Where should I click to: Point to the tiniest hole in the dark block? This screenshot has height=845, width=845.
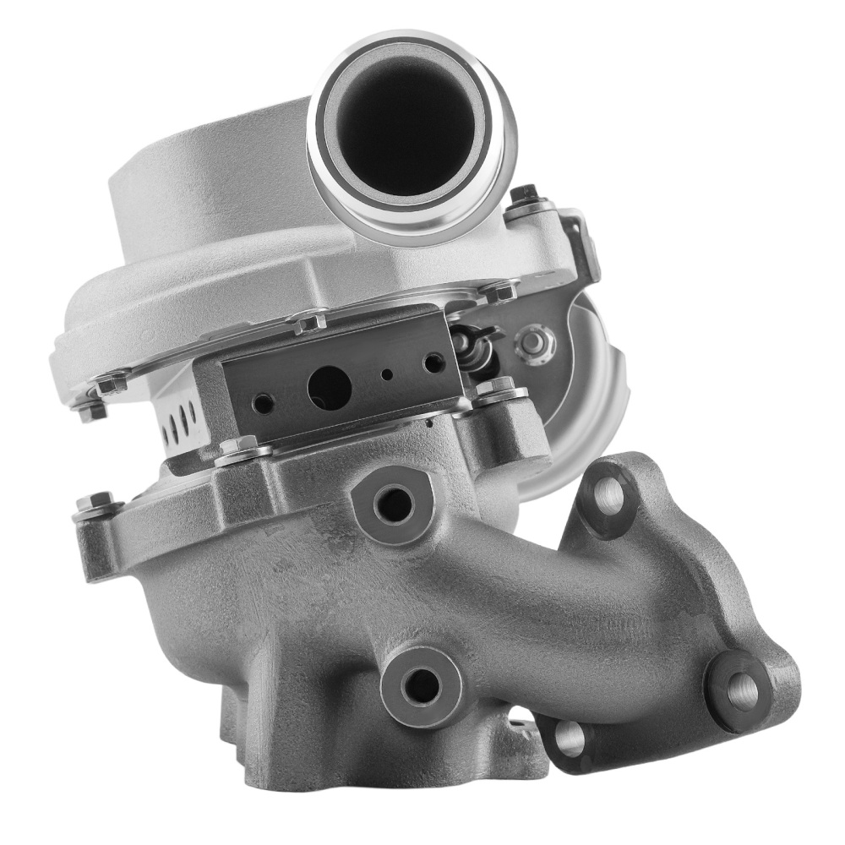(x=387, y=374)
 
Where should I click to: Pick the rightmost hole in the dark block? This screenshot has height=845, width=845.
(x=434, y=364)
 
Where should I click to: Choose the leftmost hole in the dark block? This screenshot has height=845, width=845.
(x=264, y=404)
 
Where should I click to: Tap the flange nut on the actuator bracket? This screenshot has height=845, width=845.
(x=532, y=344)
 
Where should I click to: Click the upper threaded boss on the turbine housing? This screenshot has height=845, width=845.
(x=395, y=504)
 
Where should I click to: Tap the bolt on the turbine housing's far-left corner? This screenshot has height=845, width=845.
(x=94, y=504)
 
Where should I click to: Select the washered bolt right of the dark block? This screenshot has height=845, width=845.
(x=499, y=390)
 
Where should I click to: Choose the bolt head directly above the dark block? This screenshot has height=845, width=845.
(x=308, y=322)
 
